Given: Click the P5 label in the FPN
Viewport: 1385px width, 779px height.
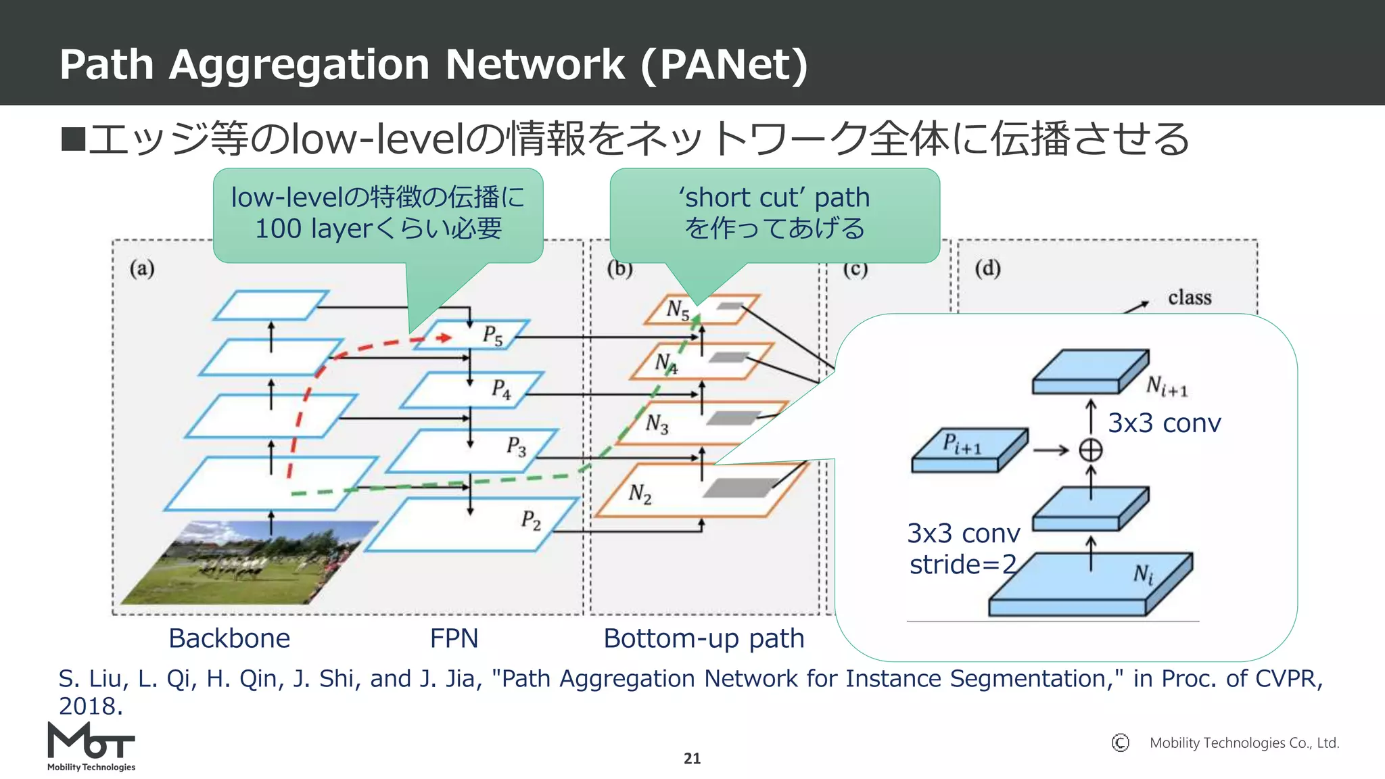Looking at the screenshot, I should (492, 335).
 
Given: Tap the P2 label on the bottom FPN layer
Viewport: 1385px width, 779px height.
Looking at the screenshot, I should (531, 521).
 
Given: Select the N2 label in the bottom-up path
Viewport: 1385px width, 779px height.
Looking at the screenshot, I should (640, 494).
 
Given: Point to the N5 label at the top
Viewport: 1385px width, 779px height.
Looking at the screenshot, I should (678, 310).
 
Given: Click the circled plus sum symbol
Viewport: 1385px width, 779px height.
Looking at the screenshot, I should (1090, 450).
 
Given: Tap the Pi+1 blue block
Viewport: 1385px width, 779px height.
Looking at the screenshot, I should (968, 450).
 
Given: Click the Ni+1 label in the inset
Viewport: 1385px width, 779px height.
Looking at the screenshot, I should (1167, 387).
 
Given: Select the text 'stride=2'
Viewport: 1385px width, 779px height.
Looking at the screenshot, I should (962, 565).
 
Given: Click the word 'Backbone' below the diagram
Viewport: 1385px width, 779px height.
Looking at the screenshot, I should (229, 638).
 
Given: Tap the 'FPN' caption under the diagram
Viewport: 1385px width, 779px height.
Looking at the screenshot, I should (454, 638).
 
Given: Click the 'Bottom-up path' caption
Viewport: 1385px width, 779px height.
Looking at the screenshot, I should (703, 638).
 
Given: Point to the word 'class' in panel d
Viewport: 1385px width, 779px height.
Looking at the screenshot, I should (1189, 298).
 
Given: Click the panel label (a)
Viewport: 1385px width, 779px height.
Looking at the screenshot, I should (142, 268).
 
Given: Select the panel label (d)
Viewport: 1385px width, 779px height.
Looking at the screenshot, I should (987, 268).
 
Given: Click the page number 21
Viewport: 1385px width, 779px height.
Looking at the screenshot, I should (692, 759).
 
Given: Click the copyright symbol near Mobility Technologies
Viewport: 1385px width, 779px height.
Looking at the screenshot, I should (1120, 743).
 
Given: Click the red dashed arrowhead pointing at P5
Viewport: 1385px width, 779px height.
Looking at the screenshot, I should (444, 337).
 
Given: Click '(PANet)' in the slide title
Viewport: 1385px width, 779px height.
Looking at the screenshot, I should (724, 65).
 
